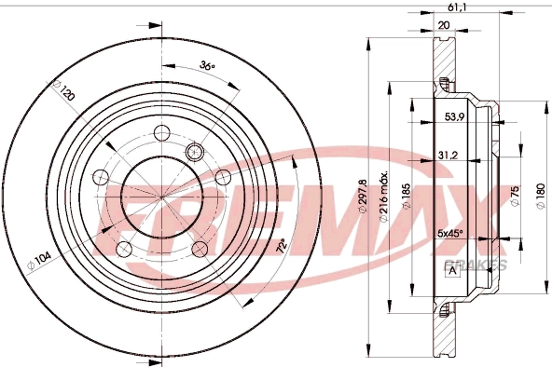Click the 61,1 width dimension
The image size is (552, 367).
coord(457,7)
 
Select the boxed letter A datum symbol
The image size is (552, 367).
coord(452,270)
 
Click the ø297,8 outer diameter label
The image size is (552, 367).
coord(363,197)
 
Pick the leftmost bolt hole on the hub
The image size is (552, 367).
coord(99,176)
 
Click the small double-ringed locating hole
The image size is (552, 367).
coord(196,151)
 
